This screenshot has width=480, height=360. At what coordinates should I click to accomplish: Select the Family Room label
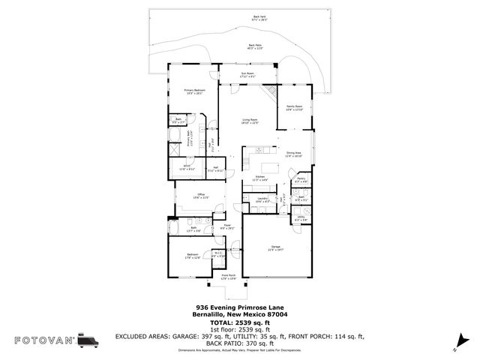click(x=295, y=108)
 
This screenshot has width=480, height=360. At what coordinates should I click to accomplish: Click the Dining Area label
click(x=294, y=154)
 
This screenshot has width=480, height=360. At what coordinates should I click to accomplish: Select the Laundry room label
click(x=262, y=200)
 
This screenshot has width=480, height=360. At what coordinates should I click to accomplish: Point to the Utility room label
click(x=301, y=218)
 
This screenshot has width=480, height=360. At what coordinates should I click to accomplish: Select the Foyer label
click(x=226, y=226)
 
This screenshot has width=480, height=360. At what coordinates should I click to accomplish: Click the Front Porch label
click(x=229, y=277)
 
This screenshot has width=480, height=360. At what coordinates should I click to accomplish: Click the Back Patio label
click(x=255, y=46)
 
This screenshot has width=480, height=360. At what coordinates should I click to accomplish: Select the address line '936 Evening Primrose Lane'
click(x=239, y=307)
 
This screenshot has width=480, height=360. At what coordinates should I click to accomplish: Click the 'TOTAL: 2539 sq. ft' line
click(x=239, y=322)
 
